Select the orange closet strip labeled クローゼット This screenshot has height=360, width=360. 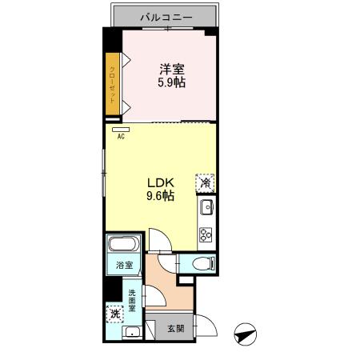click(x=113, y=82)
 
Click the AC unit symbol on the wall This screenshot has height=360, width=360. click(x=121, y=127)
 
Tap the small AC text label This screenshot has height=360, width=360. click(x=121, y=137)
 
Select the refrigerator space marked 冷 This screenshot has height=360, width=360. click(x=206, y=182)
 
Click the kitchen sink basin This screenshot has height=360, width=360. click(x=206, y=210)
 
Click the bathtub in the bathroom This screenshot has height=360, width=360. click(x=123, y=246)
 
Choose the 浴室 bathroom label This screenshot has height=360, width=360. click(x=123, y=263)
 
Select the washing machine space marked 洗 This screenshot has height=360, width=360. click(x=116, y=314)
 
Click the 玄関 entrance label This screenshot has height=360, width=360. click(x=176, y=328)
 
